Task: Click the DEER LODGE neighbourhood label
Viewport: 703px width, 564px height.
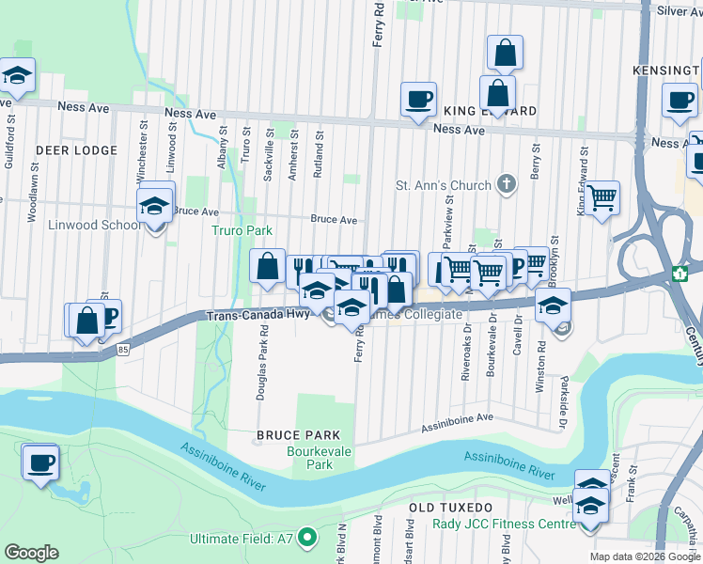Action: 76,149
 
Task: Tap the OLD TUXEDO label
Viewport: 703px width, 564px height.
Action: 445,508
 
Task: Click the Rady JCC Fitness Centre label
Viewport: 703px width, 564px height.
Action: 504,524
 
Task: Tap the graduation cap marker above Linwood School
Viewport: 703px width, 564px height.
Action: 155,206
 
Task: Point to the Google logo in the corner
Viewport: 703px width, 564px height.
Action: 31,553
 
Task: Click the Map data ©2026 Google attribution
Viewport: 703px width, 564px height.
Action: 645,556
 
